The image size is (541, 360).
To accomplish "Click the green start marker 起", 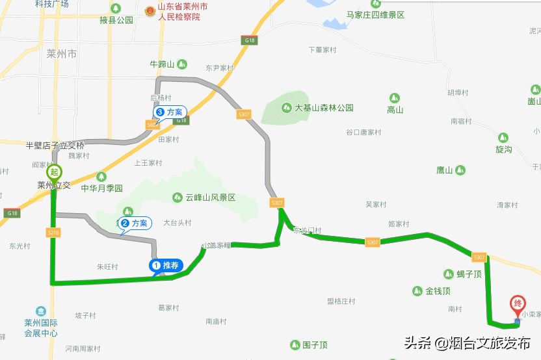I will pos(55,172).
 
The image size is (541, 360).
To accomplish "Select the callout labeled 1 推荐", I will pos(167,265).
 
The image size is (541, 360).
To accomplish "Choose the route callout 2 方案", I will pos(135,223).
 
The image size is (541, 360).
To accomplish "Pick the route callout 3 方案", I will pos(169,112).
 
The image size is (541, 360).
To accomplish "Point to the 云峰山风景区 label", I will pos(209,198).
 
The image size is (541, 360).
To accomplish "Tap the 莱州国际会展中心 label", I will pos(41,328).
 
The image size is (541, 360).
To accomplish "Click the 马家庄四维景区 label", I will pos(375,15).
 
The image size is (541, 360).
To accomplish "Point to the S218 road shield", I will pos(53,232).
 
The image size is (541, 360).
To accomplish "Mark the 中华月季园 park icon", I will pos(101,177).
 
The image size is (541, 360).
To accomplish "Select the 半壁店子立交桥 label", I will pos(55,145).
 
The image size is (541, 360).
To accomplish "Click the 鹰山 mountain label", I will pos(445,170).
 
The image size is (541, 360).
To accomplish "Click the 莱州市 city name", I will pos(62,54).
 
